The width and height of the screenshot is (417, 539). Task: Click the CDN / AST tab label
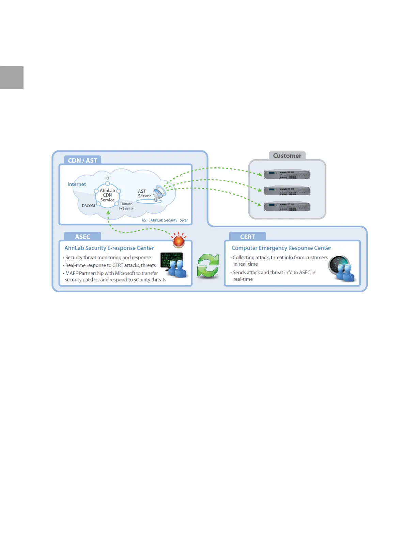[x=82, y=160]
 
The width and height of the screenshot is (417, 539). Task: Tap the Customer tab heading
[x=287, y=156]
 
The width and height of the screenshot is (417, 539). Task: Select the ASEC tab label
[x=82, y=237]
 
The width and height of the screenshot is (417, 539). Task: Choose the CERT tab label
[x=247, y=237]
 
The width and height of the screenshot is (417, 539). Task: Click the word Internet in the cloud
[x=77, y=184]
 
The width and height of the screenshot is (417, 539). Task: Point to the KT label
[x=107, y=178]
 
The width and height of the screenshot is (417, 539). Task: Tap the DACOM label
[x=88, y=206]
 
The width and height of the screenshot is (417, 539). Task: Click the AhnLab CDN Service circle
[x=107, y=195]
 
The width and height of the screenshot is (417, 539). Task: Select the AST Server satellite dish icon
[x=159, y=194]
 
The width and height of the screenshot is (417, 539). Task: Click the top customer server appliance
[x=287, y=175]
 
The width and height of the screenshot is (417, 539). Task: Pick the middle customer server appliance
[x=287, y=191]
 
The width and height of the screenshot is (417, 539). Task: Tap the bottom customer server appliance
[x=287, y=206]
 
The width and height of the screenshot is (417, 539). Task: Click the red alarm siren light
[x=179, y=241]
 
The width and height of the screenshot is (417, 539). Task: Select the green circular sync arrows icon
[x=208, y=266]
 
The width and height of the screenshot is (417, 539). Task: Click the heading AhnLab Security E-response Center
[x=109, y=248]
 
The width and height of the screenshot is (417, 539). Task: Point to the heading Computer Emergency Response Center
[x=281, y=248]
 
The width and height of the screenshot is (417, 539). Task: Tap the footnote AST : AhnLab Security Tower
[x=165, y=220]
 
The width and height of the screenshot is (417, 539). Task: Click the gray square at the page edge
[x=12, y=78]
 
